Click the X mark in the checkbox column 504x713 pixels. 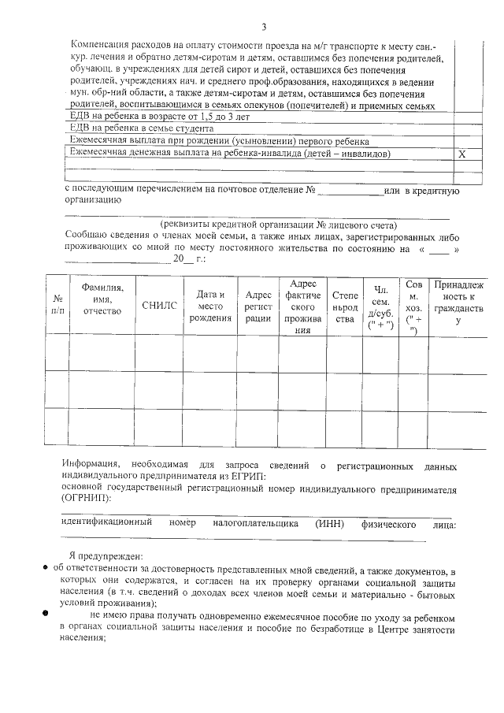(462, 154)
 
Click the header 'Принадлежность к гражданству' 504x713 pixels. (458, 303)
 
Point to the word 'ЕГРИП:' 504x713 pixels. (244, 476)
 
